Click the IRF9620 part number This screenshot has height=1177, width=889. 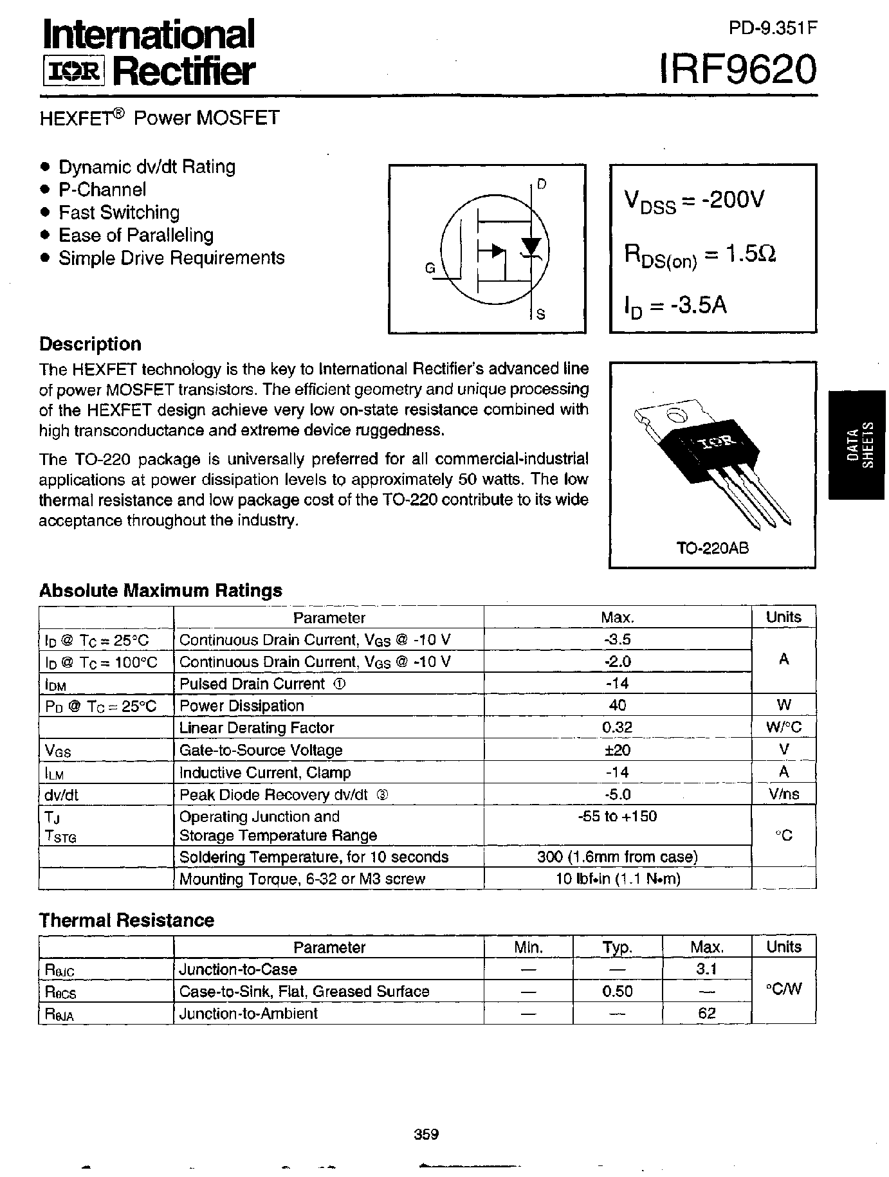tap(738, 69)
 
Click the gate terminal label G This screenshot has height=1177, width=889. tap(430, 269)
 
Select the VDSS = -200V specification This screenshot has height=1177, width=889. tap(694, 201)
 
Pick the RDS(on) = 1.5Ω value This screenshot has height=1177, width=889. tap(700, 255)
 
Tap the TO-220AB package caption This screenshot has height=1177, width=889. tap(712, 549)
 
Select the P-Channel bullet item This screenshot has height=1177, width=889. tap(102, 190)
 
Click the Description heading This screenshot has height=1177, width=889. tap(90, 344)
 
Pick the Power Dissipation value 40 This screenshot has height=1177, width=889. tap(617, 706)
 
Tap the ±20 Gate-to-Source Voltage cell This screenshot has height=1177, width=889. tap(617, 750)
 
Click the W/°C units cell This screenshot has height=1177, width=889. tap(784, 727)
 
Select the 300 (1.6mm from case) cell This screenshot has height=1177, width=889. tap(617, 857)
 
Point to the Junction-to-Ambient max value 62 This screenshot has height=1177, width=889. tap(706, 1014)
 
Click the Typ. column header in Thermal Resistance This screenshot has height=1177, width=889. tap(617, 947)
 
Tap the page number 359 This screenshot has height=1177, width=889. tap(426, 1133)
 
